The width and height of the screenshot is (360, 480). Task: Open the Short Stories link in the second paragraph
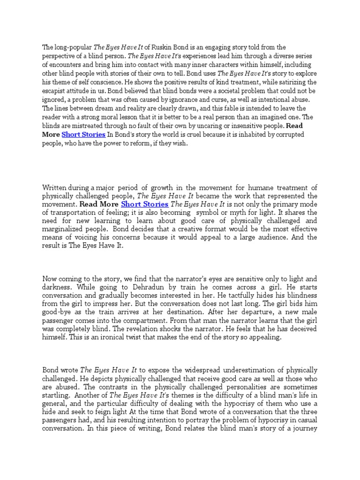[145, 204]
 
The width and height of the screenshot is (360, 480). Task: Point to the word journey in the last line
[306, 428]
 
